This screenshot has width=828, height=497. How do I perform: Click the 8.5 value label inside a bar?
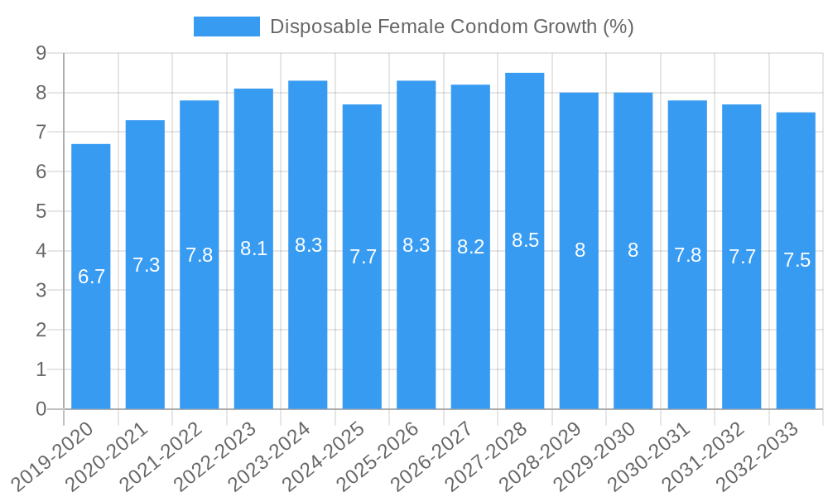pos(525,240)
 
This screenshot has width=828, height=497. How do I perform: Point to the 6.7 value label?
pos(91,277)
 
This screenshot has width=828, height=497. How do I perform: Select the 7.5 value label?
pos(797,260)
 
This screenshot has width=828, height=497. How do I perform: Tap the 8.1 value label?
pos(253,248)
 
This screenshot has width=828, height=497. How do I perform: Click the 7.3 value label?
pos(146,265)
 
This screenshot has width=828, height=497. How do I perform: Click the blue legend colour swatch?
pos(226,27)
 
